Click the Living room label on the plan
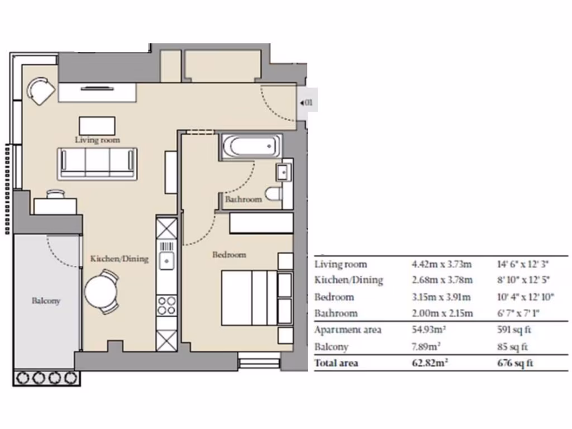point(97,140)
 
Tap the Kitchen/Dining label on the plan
point(120,259)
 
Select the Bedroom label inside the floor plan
point(229,255)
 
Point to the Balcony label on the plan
point(45,301)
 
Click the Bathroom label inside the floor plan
point(243,199)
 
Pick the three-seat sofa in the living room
point(97,163)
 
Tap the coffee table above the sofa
point(97,125)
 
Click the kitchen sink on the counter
point(166,260)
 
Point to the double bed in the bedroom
point(250,297)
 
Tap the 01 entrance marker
point(307,103)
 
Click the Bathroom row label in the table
point(336,313)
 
